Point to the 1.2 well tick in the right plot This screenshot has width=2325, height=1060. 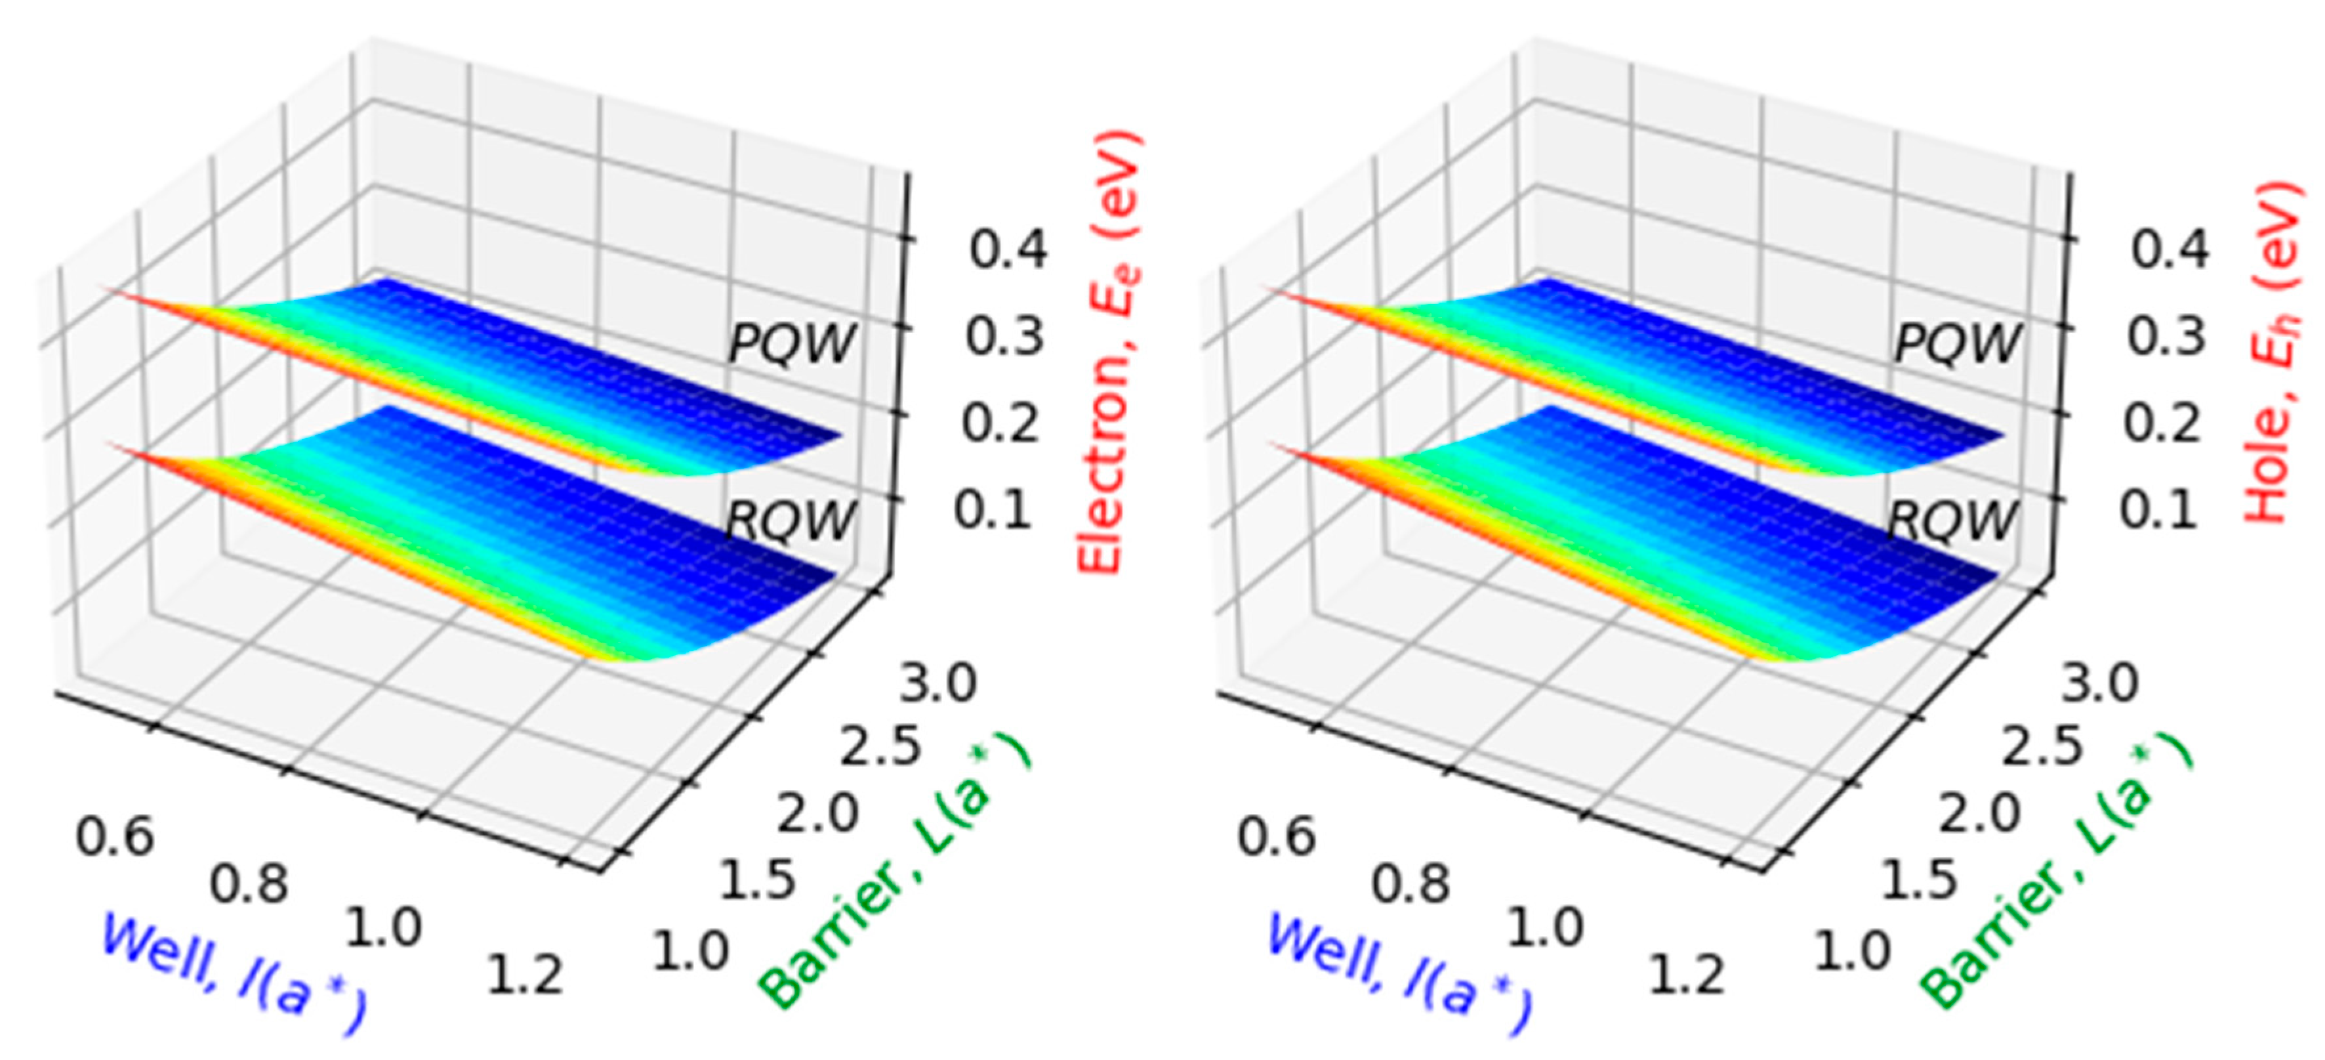point(1687,975)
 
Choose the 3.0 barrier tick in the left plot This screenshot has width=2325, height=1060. point(937,683)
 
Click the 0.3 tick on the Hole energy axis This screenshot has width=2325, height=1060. point(2166,336)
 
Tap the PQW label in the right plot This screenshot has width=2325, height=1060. point(1956,343)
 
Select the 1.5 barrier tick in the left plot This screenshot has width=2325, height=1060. point(756,880)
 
